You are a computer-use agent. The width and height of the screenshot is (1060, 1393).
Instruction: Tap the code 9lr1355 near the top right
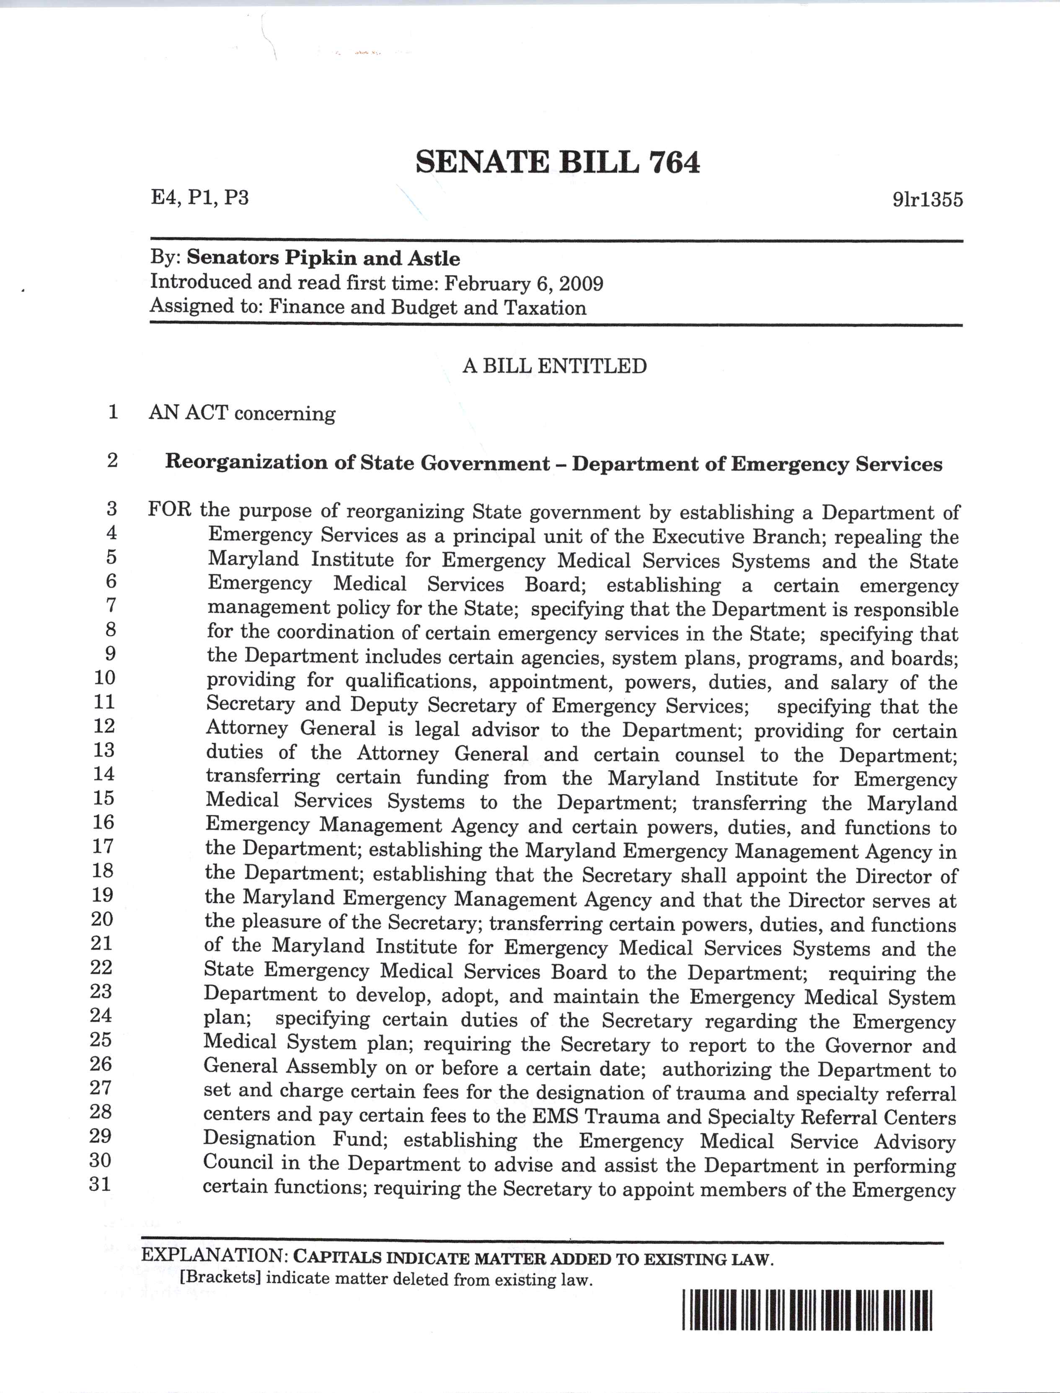pos(928,199)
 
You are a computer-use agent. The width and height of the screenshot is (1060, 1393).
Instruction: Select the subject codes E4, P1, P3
pos(199,197)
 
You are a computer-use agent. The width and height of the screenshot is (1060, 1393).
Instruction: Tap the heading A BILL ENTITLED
pos(555,366)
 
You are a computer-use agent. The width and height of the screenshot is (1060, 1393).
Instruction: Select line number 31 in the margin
pos(100,1184)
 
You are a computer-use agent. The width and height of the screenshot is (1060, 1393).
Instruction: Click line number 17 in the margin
pos(103,847)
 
